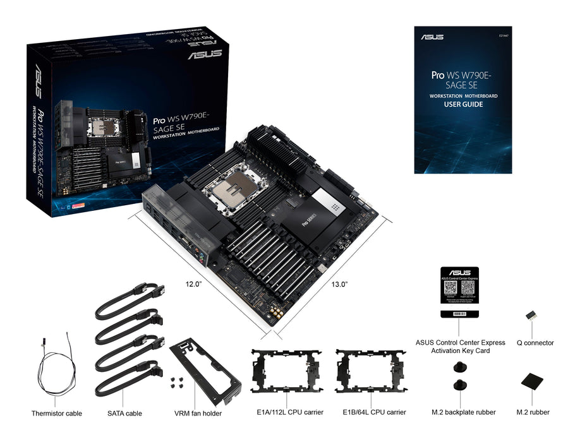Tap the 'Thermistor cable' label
(57, 414)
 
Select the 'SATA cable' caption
(124, 414)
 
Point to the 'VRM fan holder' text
(198, 414)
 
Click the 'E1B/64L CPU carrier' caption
(374, 412)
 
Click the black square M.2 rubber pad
(531, 382)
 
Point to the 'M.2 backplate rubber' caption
(464, 412)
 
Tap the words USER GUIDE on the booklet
(463, 104)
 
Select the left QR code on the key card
(450, 287)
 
